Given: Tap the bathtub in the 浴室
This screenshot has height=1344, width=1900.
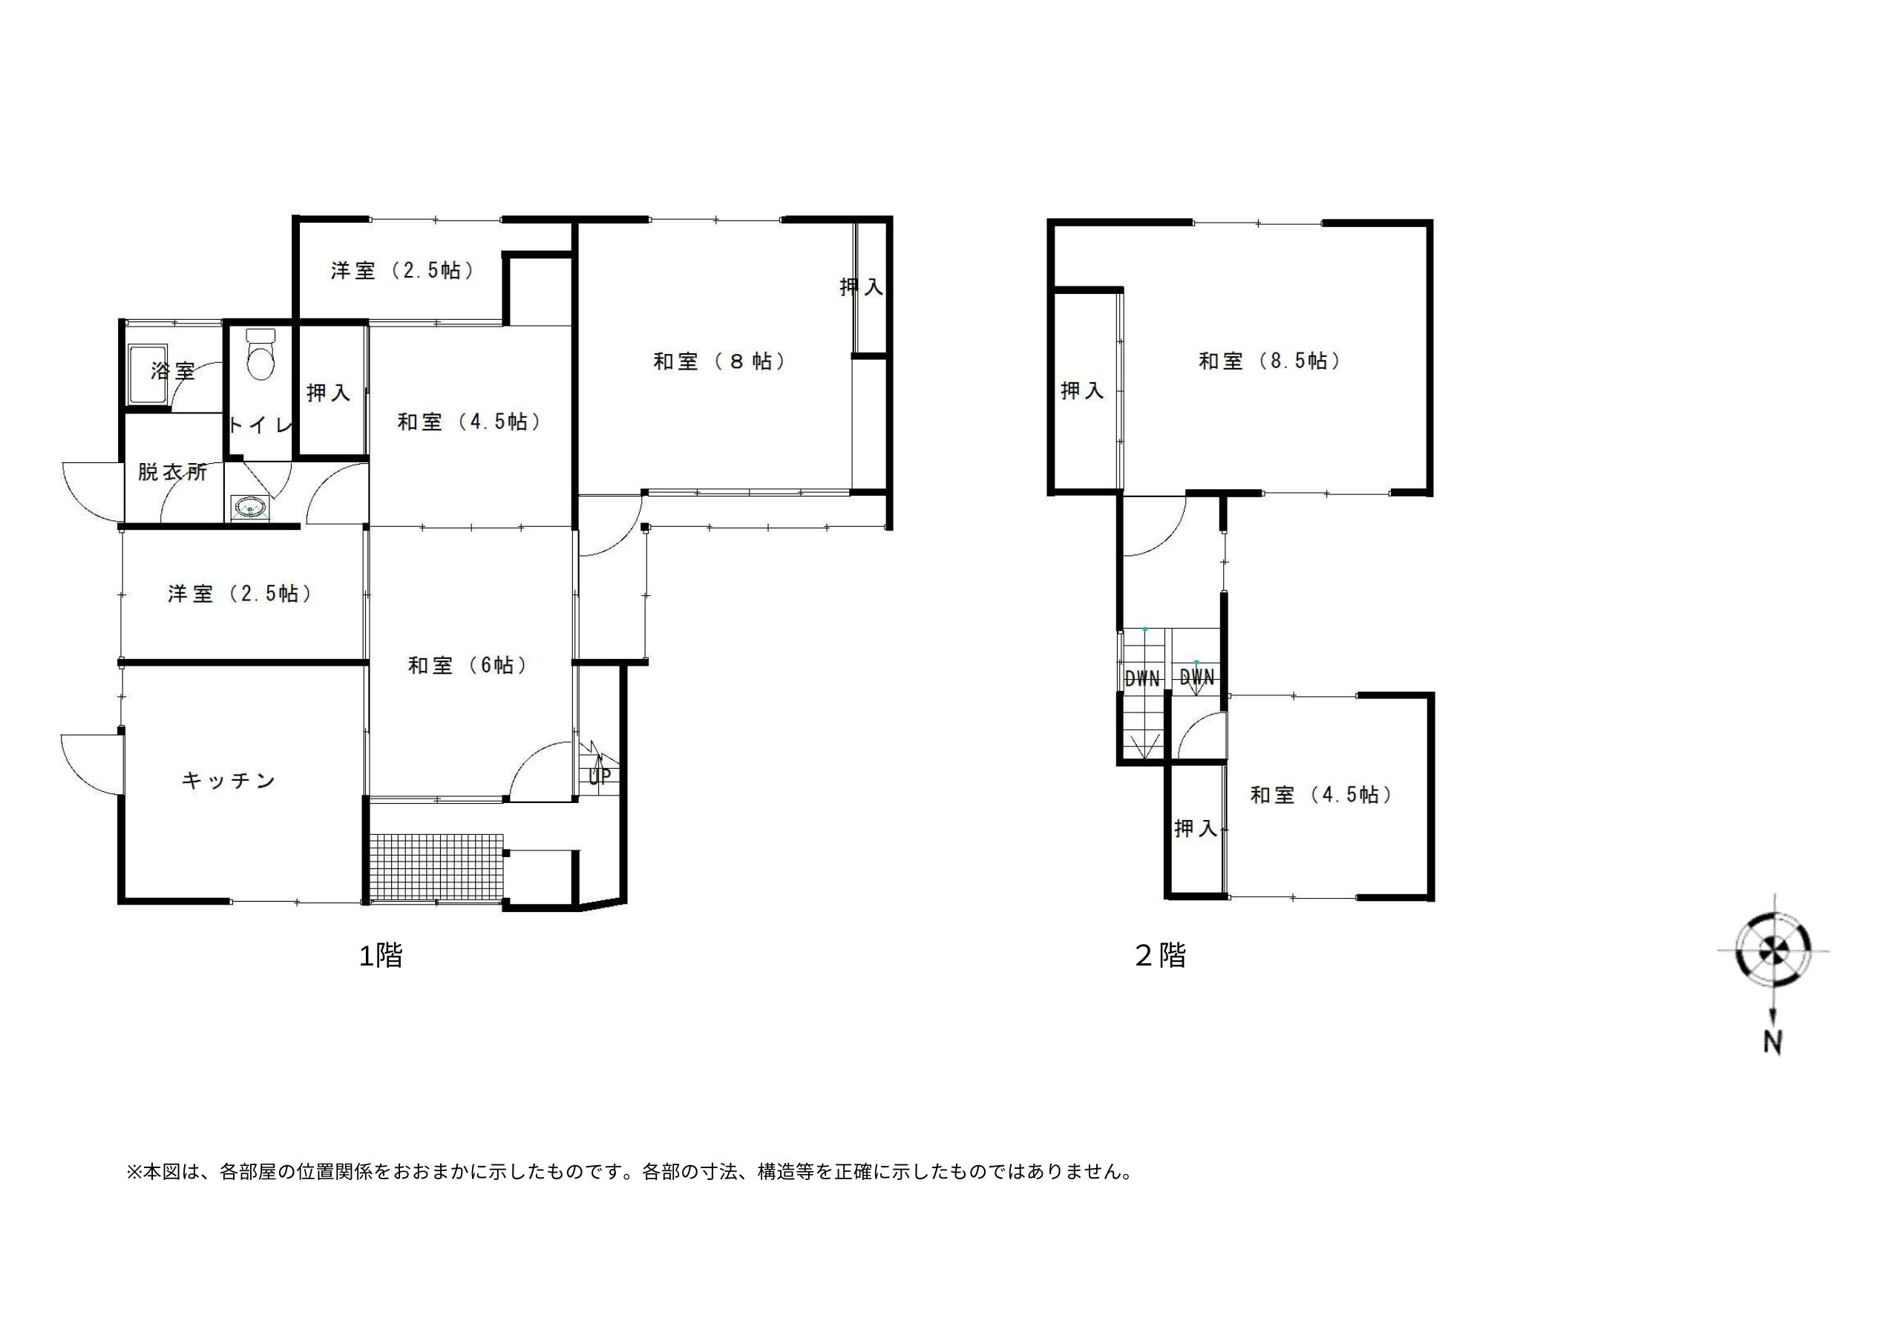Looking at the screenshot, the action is click(147, 375).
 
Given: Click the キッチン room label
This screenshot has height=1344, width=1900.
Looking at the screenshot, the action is click(229, 781).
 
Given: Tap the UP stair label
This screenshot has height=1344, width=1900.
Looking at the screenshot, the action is click(600, 776).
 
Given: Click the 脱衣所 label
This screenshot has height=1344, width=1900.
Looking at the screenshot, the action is click(172, 472).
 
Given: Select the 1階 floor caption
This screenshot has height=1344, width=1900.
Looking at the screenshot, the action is click(381, 956).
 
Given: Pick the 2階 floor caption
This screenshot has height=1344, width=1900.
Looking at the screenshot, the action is click(1160, 956).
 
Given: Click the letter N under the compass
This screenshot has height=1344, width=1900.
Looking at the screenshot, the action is click(1772, 1042).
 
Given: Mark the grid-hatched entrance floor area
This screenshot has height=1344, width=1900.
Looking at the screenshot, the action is click(436, 868).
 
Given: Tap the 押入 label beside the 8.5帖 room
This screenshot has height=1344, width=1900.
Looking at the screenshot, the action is click(1082, 390).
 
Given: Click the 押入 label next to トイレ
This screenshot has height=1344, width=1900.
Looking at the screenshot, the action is click(329, 393).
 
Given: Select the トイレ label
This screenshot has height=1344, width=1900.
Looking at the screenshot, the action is click(260, 425).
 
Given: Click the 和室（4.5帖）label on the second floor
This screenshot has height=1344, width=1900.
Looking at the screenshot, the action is click(1323, 795).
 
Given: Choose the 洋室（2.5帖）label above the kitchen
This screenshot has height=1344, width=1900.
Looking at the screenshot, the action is click(240, 594).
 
